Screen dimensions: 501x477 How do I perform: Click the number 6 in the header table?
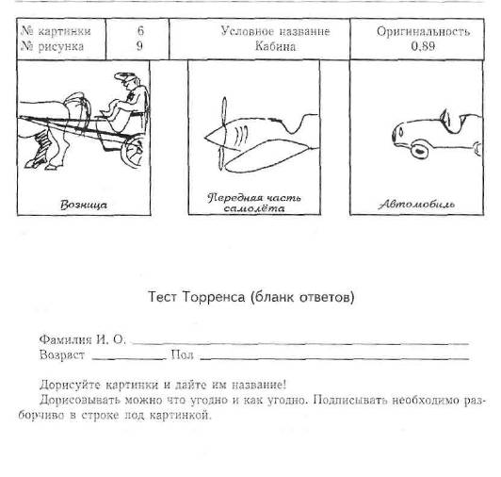(140, 31)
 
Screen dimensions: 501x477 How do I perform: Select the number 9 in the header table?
(139, 46)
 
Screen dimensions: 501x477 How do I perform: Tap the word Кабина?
(275, 46)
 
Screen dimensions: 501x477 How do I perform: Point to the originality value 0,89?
(423, 46)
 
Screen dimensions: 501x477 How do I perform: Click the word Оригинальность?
(423, 32)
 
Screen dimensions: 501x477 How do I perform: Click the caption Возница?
(84, 205)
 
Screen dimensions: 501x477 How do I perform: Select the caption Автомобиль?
(416, 205)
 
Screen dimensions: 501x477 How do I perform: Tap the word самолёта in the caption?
(254, 208)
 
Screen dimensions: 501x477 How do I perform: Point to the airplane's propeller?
(222, 134)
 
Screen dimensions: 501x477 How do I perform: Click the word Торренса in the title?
(214, 297)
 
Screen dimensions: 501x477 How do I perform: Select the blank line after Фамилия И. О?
(300, 343)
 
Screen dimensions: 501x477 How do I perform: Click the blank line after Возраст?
(129, 359)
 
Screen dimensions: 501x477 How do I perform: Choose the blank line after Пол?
(334, 359)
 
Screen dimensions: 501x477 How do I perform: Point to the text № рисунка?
(52, 46)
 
